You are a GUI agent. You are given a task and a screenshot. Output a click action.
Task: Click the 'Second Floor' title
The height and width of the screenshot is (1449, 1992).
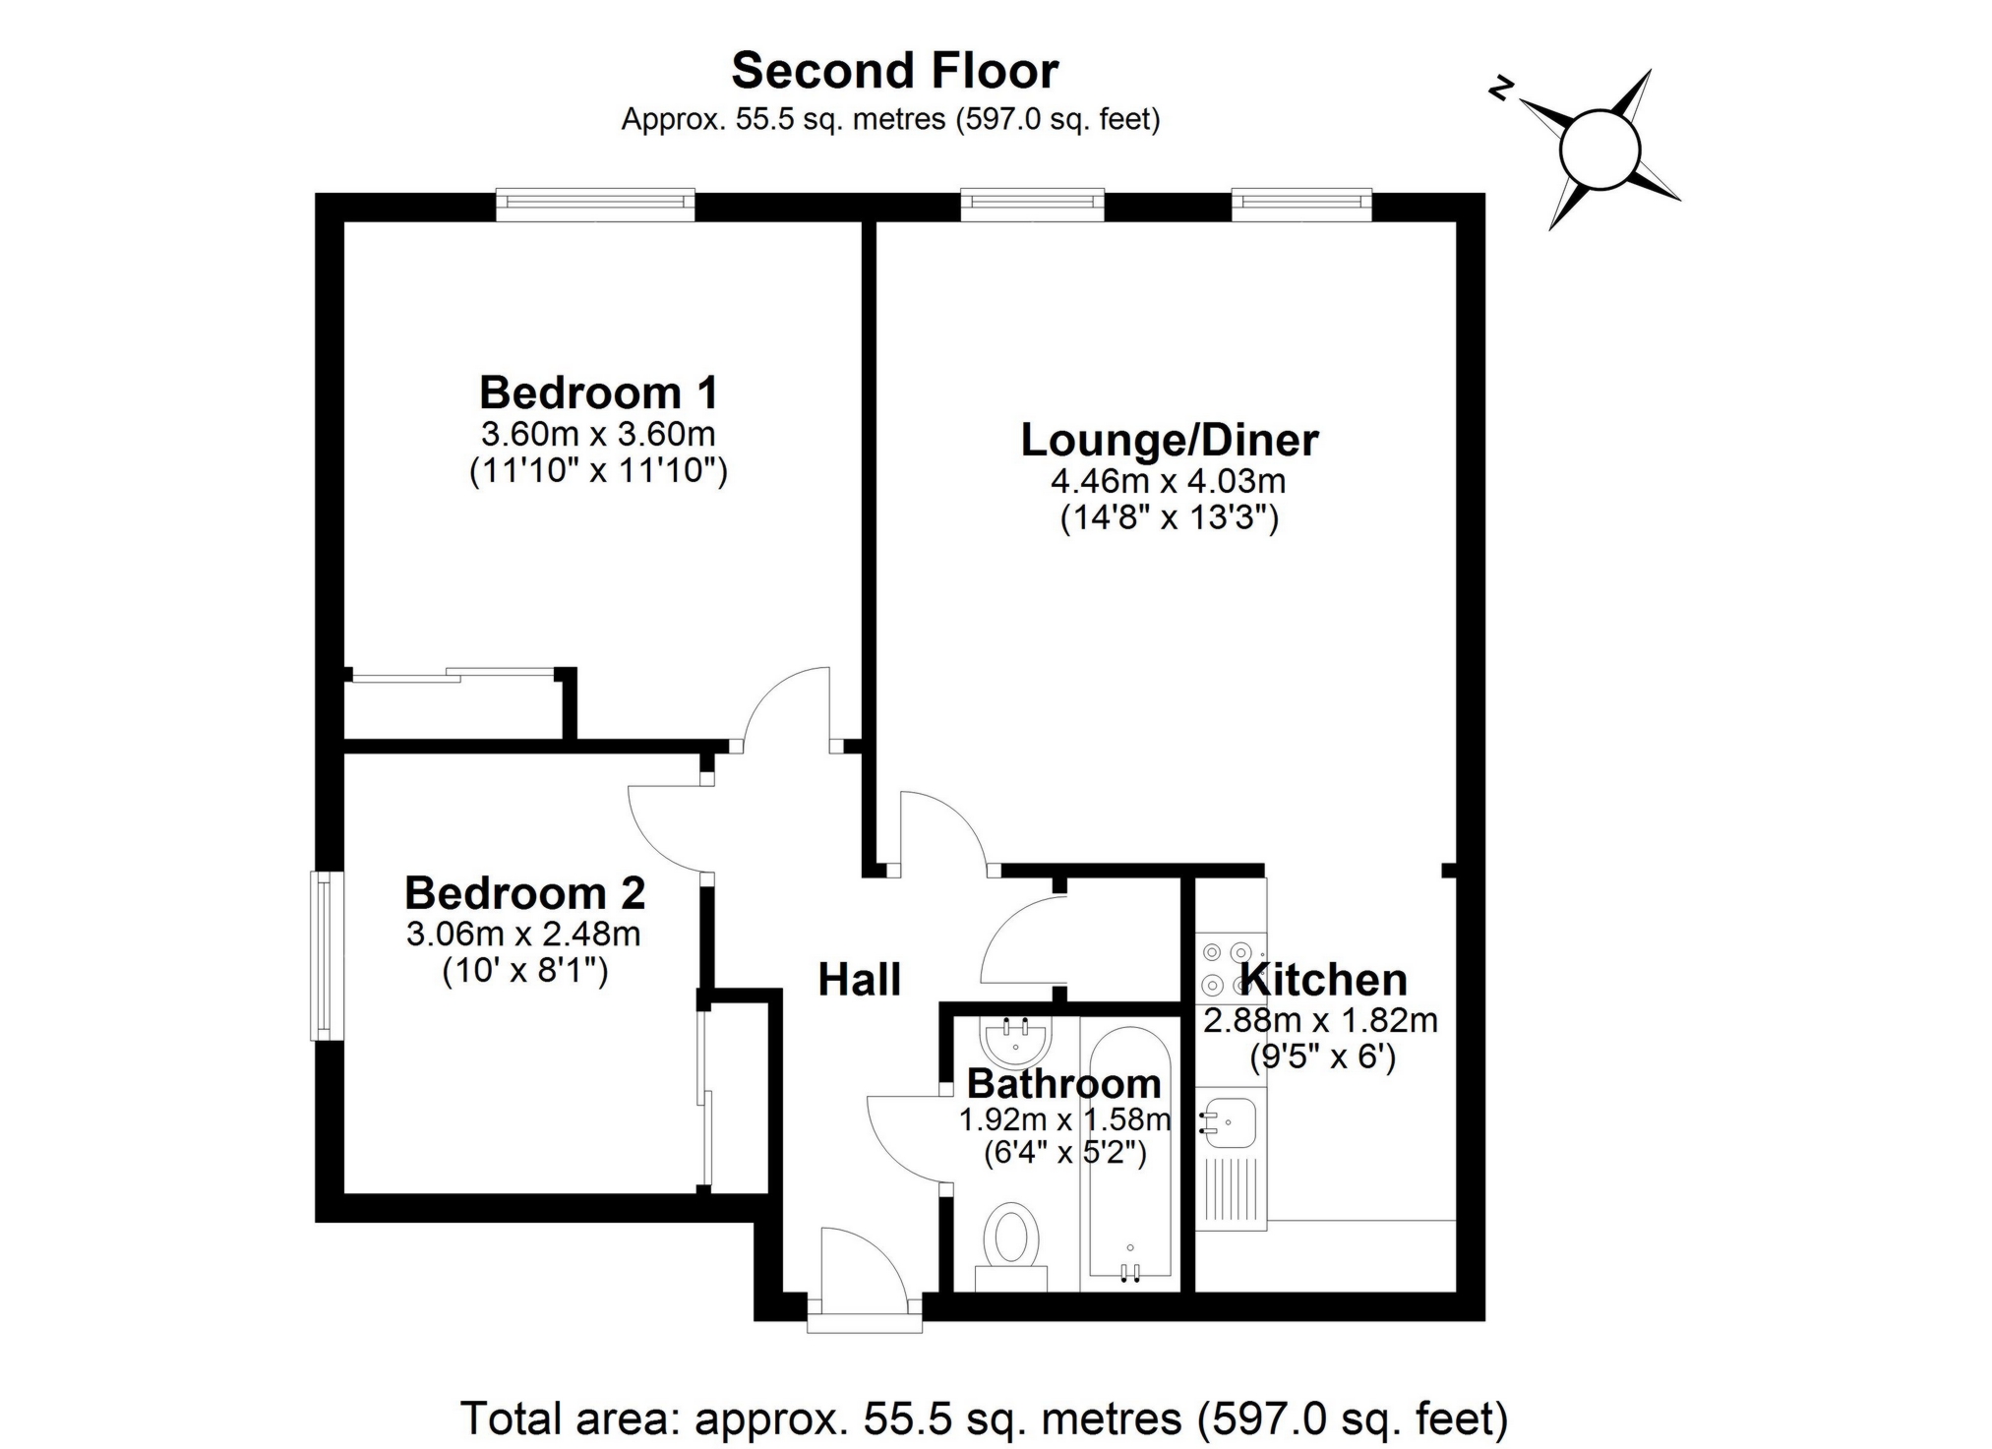[x=894, y=71]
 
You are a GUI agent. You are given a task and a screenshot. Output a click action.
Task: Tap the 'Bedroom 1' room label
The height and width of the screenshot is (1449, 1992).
[x=598, y=392]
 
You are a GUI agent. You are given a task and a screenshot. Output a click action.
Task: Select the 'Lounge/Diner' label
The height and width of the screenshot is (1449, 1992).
[x=1169, y=440]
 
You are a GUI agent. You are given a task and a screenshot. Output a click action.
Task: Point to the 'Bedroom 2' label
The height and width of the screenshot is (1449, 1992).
[x=524, y=893]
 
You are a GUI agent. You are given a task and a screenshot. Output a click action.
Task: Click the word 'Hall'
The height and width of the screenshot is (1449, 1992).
[x=859, y=980]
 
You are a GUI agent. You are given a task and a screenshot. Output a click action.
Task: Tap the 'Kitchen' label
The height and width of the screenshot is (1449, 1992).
[x=1323, y=980]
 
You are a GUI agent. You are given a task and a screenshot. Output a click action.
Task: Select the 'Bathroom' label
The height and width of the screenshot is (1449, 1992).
[x=1063, y=1083]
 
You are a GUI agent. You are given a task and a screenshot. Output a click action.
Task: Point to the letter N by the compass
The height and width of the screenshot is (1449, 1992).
[x=1500, y=90]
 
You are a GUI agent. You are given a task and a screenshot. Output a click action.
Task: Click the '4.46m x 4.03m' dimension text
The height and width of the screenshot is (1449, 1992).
[x=1169, y=482]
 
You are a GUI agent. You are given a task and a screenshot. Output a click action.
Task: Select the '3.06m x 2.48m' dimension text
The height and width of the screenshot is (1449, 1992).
[x=523, y=934]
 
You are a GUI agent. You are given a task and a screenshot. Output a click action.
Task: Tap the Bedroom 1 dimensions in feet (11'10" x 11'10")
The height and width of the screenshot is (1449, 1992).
[x=598, y=471]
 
